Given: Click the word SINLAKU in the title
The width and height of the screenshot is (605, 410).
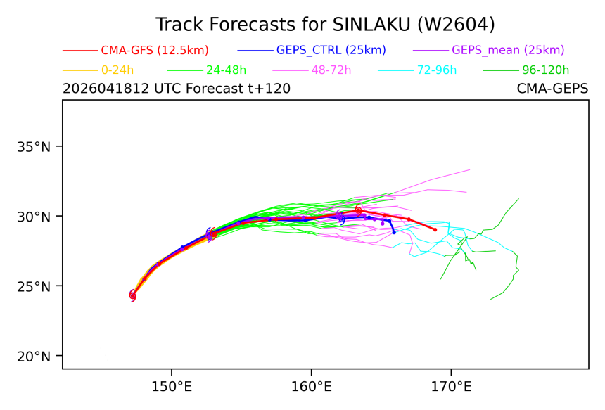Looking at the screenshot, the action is pos(371,25).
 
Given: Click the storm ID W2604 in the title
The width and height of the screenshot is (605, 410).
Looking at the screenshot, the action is pos(454,25).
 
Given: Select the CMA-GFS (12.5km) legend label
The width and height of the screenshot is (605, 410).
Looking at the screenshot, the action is pos(155,50).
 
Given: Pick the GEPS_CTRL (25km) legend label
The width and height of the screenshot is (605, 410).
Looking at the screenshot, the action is pos(331,50).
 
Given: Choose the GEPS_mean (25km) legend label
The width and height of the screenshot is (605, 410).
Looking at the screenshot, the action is pos(508,50).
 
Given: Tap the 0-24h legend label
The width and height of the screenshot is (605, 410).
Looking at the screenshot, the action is pos(117,70).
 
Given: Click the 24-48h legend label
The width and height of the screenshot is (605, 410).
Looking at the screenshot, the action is pos(226,70).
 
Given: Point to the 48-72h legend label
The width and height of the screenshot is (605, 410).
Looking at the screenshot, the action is pos(331,70).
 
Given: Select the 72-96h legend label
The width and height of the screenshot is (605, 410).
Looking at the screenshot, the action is pos(437,70).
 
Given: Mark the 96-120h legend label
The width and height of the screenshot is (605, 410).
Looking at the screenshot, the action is pos(546,70).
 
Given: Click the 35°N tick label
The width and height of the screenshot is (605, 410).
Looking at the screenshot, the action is pos(34,147).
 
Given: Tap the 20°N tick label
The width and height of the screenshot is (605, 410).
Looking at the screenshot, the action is pos(34,357).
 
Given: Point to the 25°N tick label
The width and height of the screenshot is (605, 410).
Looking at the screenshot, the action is pos(34,286).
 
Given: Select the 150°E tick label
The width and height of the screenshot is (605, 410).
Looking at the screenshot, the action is pos(172,387).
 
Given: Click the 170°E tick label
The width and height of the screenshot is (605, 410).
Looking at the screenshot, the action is pos(451,387).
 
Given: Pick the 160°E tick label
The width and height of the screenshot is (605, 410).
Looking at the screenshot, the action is pos(312,387).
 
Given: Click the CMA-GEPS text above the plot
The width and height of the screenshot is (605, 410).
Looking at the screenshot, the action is pos(552,89).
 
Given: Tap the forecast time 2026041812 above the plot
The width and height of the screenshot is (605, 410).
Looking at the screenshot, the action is pos(106,89).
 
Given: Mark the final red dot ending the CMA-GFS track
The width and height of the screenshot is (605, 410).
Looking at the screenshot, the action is pos(435,230).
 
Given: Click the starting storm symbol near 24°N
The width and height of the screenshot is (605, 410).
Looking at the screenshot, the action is pos(133,296).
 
